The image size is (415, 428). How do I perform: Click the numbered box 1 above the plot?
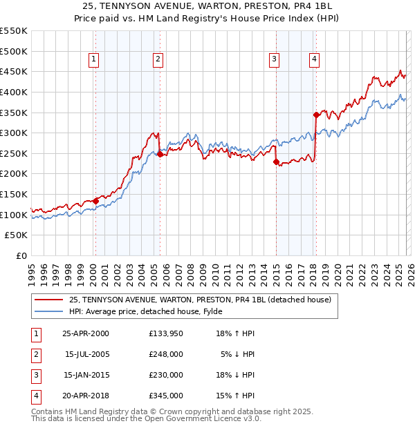tap(93, 60)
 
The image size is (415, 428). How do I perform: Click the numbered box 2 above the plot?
tap(158, 60)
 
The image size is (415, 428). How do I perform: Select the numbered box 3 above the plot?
tap(275, 60)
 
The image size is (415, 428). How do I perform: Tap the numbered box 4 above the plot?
tap(314, 60)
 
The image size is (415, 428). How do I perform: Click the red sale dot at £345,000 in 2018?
tap(316, 115)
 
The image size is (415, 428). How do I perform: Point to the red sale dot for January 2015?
tap(276, 162)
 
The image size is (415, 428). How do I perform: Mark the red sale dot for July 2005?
tap(160, 155)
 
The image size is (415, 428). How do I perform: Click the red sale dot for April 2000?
tap(95, 201)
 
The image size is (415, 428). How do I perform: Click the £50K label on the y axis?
tap(17, 235)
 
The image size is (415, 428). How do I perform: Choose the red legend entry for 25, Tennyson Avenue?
tap(201, 300)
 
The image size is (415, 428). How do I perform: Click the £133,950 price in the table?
tap(166, 333)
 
